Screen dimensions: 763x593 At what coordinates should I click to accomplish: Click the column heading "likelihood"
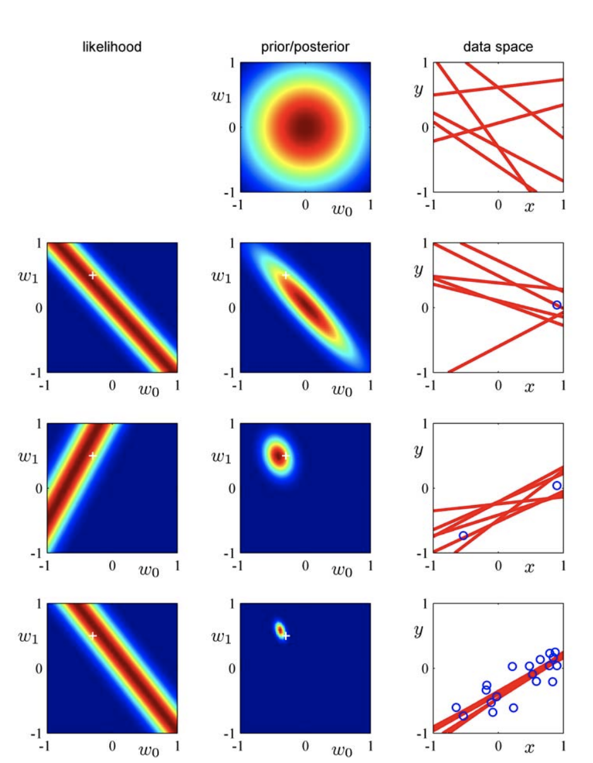(112, 45)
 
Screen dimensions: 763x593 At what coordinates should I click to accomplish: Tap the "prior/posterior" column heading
(305, 45)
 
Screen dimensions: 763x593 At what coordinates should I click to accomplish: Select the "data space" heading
(496, 45)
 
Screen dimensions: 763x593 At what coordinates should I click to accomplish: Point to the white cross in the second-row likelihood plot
(93, 275)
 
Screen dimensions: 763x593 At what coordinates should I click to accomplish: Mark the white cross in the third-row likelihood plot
(93, 455)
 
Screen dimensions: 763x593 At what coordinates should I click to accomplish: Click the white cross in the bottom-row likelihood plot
(93, 635)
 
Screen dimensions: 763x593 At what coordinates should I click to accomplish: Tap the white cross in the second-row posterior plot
(285, 275)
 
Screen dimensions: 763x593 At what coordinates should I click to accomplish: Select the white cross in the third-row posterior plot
(285, 455)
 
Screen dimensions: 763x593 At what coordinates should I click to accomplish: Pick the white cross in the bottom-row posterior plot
(286, 636)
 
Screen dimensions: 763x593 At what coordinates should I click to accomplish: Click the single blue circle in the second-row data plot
(556, 305)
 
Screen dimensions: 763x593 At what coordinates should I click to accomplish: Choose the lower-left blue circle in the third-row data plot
(464, 535)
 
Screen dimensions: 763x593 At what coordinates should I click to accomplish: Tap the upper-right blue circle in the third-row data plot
(556, 486)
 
